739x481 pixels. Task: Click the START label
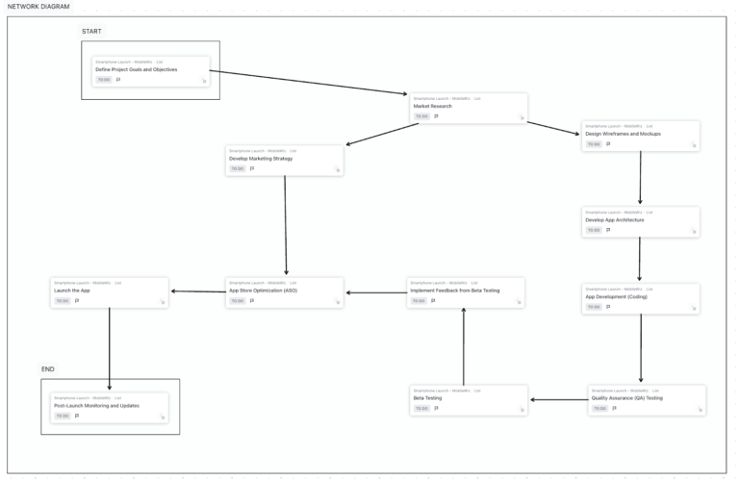click(x=91, y=32)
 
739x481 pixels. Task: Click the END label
click(x=48, y=369)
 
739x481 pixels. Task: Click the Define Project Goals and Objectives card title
click(x=136, y=69)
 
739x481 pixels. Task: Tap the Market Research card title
click(x=433, y=106)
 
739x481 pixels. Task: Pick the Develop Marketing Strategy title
click(x=261, y=158)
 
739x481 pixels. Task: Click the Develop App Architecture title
click(x=615, y=219)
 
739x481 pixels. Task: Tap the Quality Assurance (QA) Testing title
click(x=627, y=397)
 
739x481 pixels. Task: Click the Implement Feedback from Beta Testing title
click(x=455, y=291)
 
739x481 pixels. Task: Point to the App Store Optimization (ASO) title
click(x=263, y=291)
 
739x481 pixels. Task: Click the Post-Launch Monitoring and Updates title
click(x=96, y=405)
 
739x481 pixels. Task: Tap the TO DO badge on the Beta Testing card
click(x=420, y=408)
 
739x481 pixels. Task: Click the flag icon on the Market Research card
click(x=436, y=116)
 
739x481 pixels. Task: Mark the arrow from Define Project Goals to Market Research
click(x=308, y=82)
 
